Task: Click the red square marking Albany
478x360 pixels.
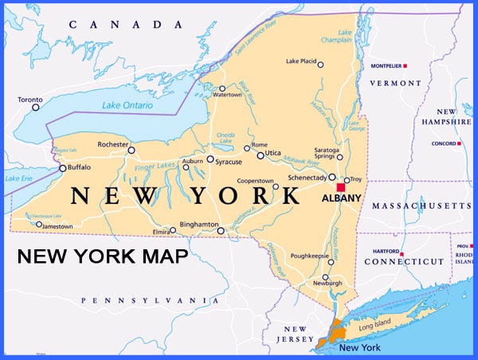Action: coord(340,187)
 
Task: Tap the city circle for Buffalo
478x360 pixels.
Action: coord(63,168)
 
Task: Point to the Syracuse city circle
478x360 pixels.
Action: coord(210,159)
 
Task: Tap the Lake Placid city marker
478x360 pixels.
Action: coord(320,65)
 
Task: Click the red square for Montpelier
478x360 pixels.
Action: coord(406,65)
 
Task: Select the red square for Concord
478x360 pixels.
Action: coord(459,143)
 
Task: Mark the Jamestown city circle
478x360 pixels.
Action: coord(39,224)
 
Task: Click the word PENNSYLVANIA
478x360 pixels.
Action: coord(150,300)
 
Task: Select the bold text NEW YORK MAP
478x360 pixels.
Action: coord(104,256)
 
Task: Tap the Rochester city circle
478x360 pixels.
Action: coord(131,150)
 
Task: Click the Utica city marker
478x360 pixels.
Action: coord(261,155)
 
